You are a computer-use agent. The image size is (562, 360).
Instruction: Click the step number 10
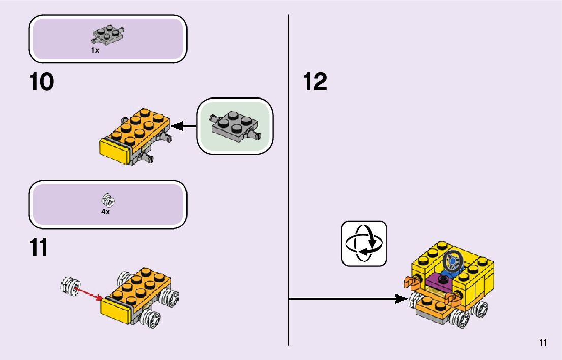[42, 83]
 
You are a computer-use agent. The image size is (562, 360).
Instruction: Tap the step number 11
[39, 247]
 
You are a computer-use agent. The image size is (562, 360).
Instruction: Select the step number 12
[315, 83]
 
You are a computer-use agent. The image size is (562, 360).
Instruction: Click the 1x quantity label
[95, 50]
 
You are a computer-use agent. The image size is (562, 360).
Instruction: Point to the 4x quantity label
[105, 212]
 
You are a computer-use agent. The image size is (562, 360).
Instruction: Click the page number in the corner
[543, 343]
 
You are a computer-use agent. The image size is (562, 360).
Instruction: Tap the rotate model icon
[364, 243]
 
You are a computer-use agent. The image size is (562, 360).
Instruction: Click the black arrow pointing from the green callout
[183, 125]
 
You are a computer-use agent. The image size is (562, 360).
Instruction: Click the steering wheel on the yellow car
[452, 262]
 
